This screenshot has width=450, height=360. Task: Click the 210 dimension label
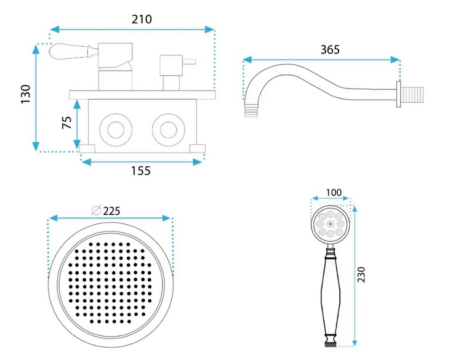(x=142, y=19)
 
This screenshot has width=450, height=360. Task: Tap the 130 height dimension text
(x=26, y=94)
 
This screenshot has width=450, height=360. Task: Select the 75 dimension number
(x=67, y=122)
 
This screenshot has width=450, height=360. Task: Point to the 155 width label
(x=141, y=171)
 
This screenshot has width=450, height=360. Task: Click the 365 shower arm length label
(x=330, y=50)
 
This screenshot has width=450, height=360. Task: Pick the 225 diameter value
(x=111, y=211)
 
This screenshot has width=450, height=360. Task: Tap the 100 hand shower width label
(x=334, y=193)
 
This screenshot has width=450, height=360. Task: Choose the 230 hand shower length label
(x=361, y=274)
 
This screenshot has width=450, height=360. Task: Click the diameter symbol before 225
(x=96, y=211)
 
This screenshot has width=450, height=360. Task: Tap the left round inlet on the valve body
(x=116, y=130)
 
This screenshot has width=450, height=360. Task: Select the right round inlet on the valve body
(x=169, y=130)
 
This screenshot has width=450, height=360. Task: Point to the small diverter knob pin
(x=189, y=62)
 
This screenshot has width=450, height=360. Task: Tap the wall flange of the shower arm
(x=399, y=94)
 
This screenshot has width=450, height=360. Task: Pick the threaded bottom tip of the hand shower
(x=331, y=343)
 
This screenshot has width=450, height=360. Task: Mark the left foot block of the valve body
(x=87, y=148)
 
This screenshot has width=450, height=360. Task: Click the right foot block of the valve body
(x=198, y=148)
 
